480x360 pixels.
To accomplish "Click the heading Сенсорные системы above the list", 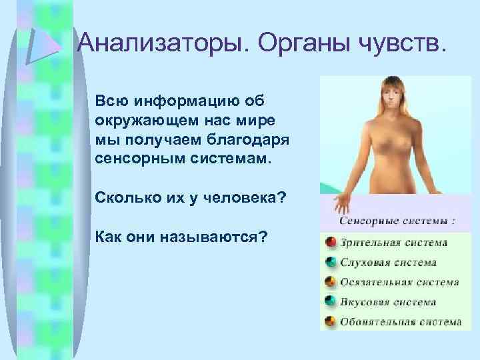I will [x=397, y=220].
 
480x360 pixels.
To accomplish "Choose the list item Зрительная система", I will [x=393, y=243].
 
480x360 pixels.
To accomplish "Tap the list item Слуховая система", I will [x=388, y=263].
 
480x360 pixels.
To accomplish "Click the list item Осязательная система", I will [x=399, y=282].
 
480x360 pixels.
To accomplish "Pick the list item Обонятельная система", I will [x=400, y=322].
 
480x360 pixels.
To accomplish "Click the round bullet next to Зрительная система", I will [x=330, y=242].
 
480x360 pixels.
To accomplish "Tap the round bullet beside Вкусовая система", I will [x=330, y=301].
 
